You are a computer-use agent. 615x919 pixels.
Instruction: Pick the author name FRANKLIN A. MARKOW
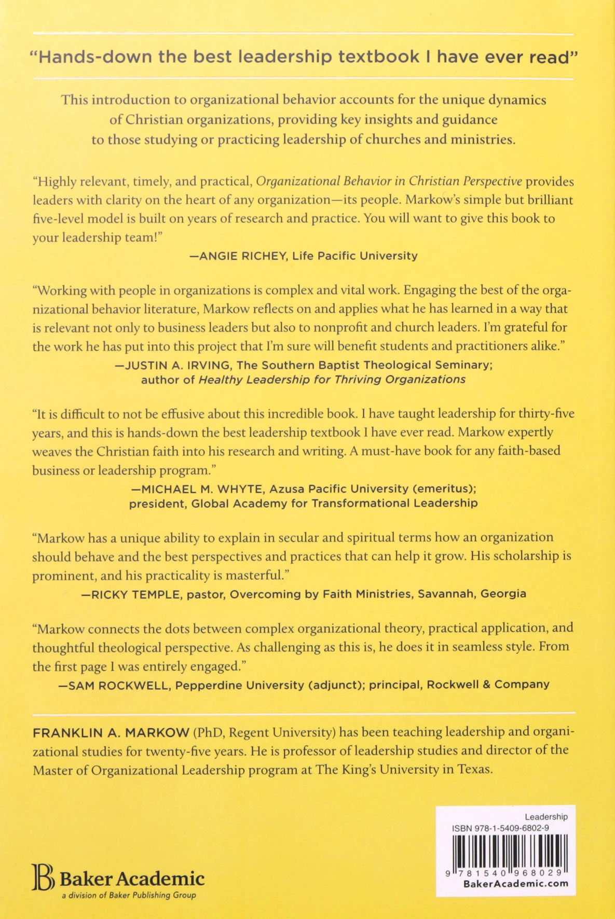111,732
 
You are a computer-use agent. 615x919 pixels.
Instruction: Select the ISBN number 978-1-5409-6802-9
519,828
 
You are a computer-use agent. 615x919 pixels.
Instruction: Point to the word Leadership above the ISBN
546,817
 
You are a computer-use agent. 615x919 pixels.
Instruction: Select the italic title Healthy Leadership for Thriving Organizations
332,380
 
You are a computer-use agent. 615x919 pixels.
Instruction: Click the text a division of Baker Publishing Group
129,895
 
